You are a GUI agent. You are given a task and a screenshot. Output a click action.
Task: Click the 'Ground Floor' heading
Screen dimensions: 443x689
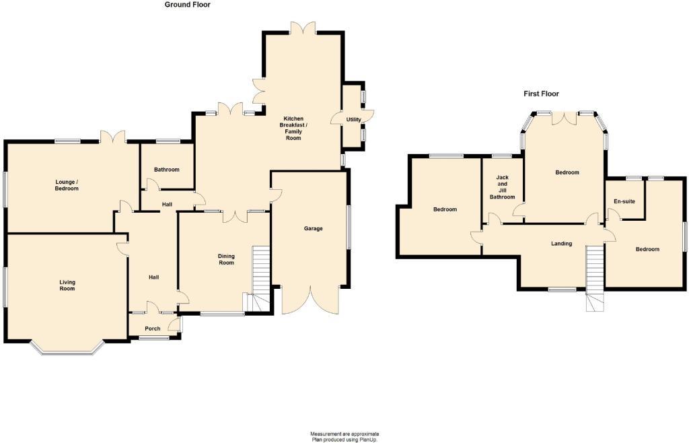coord(188,5)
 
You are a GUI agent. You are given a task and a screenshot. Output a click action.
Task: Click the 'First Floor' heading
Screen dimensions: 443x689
coord(541,94)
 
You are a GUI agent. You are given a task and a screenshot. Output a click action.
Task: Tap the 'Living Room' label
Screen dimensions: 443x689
coord(67,285)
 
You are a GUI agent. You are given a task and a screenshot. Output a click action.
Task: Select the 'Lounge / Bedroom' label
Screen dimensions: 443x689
coord(67,185)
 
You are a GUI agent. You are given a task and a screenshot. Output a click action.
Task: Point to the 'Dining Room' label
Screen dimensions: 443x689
coord(226,259)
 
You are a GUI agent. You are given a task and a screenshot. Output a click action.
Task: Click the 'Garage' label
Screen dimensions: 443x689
coord(313,228)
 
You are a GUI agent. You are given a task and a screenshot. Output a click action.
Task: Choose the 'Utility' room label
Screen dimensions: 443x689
coord(353,120)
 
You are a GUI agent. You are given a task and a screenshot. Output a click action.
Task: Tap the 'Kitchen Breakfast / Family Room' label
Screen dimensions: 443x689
coord(293,128)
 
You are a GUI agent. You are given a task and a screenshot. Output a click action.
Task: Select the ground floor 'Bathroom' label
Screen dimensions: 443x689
coord(166,170)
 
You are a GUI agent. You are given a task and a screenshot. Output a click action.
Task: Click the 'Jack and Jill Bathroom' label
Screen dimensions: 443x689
coord(501,187)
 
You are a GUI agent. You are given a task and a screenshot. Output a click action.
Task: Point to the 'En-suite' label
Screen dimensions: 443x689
coord(624,201)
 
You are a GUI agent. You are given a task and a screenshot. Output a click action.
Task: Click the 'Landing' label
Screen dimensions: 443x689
coord(561,244)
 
